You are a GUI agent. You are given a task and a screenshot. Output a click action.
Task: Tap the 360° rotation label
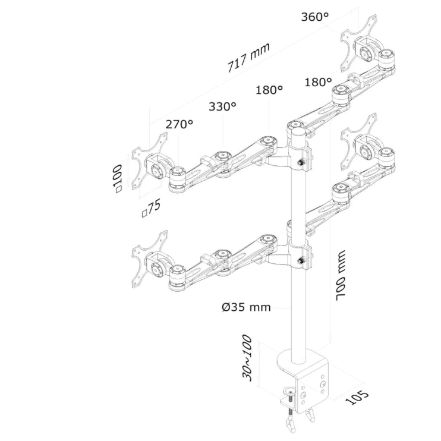tap(314, 17)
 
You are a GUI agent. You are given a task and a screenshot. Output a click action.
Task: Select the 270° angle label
tap(179, 124)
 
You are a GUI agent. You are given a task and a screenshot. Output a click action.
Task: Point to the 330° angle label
tap(222, 106)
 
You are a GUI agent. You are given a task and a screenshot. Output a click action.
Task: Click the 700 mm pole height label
tap(341, 278)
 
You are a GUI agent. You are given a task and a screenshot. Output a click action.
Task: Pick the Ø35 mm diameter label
tap(245, 307)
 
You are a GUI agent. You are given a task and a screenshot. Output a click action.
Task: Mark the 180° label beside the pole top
tap(269, 90)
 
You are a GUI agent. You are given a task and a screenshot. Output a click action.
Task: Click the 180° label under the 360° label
tap(318, 82)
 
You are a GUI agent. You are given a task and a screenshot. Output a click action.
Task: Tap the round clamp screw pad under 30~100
tap(290, 391)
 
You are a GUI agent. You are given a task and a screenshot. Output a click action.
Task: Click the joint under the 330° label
tap(223, 156)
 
